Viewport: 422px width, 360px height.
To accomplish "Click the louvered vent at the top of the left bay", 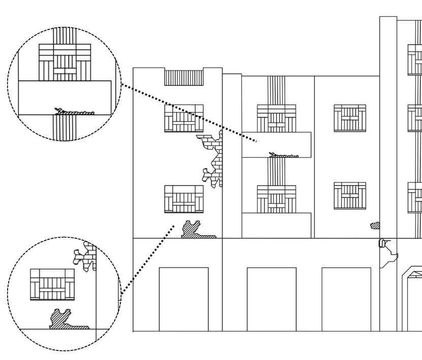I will tap(184, 78).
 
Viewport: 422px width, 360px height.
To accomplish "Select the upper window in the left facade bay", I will tap(184, 118).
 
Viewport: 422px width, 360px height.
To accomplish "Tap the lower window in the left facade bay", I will tap(184, 199).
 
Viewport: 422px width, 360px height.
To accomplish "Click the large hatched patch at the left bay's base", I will tap(195, 230).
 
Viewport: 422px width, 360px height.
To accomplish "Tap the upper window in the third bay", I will tap(349, 117).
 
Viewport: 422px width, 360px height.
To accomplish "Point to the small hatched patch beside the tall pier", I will tap(375, 225).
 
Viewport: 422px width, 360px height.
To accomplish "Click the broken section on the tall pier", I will tap(388, 252).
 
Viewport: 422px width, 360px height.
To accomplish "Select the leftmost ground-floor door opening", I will tap(184, 299).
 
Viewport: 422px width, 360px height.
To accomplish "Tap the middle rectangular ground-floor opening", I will tap(272, 299).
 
